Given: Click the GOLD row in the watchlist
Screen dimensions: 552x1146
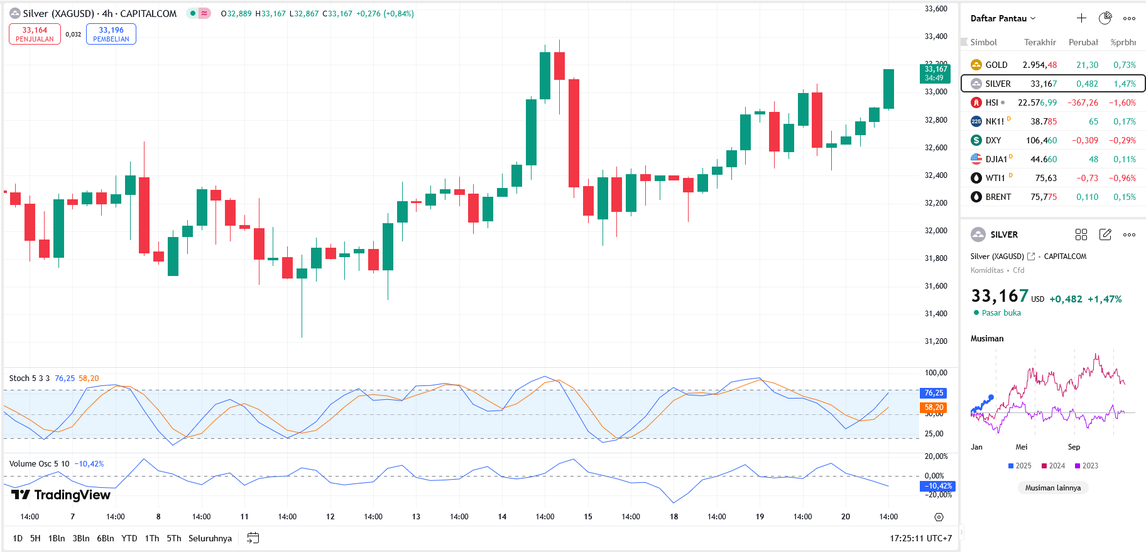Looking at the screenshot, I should (x=1052, y=65).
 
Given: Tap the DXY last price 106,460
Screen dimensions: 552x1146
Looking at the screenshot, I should (x=1041, y=140).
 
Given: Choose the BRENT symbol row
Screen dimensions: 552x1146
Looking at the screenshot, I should (x=1052, y=197).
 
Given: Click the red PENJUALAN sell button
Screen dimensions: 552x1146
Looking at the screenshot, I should (x=35, y=34).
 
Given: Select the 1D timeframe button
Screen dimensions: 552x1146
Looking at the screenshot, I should (x=18, y=538).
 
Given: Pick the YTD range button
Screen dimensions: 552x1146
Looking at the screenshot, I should (x=129, y=538).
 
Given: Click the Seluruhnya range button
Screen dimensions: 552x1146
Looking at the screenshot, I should (x=210, y=538).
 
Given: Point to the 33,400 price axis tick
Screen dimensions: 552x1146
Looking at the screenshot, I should (x=936, y=36).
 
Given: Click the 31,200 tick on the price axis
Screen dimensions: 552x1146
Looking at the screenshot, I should (x=936, y=341).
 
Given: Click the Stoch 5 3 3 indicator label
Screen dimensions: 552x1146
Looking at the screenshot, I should (x=30, y=378).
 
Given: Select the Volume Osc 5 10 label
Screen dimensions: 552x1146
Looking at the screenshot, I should (x=39, y=464).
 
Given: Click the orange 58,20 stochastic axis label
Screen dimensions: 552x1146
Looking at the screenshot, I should (x=934, y=407).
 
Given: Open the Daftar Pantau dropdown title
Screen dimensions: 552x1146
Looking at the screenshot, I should (x=1003, y=18).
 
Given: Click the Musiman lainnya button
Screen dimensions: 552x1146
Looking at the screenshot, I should (x=1053, y=488).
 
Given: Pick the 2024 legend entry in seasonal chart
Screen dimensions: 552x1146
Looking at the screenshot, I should (x=1053, y=466).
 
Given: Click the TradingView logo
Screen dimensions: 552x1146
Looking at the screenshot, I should (x=61, y=495).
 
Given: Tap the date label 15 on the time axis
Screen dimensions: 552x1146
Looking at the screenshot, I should (x=588, y=517).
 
